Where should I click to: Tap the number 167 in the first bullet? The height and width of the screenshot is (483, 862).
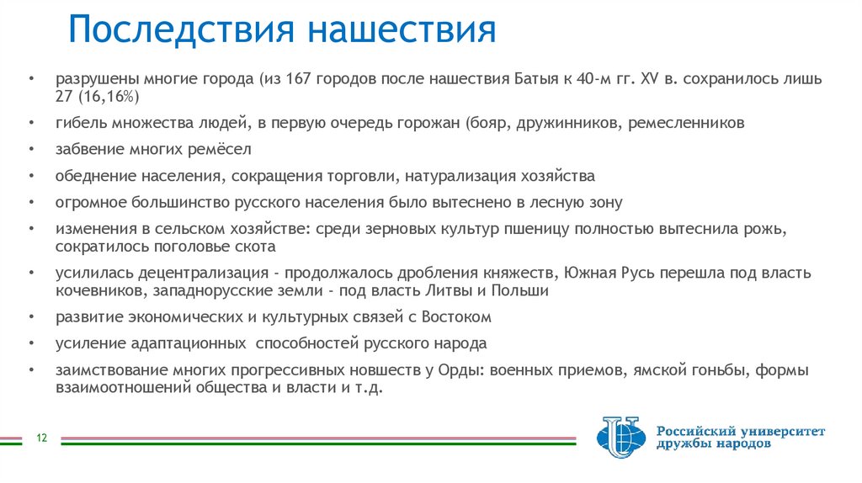click(x=300, y=80)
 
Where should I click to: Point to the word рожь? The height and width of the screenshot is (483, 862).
click(x=769, y=230)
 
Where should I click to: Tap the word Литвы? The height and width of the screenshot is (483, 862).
click(x=449, y=291)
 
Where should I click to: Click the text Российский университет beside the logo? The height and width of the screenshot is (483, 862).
click(x=741, y=431)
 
